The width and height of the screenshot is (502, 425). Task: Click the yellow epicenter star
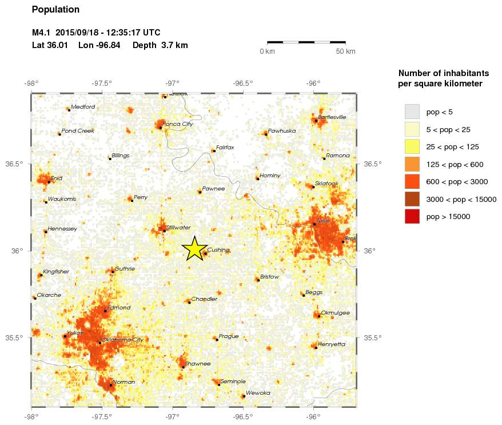194,248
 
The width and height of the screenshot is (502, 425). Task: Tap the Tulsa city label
324,221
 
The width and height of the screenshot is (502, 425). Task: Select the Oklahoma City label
122,340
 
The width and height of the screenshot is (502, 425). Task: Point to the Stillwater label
178,228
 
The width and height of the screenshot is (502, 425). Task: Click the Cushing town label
218,250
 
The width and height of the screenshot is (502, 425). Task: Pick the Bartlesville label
332,117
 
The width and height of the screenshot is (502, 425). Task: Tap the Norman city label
123,382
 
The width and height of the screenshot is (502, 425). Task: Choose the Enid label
56,178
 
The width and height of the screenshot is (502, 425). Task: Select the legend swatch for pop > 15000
412,216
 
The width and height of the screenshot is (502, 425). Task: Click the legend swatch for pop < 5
412,111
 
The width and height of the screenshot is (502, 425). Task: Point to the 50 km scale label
345,51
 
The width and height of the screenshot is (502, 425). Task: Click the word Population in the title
55,10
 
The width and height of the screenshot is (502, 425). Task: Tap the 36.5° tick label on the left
14,164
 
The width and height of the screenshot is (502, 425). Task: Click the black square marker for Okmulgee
318,316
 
